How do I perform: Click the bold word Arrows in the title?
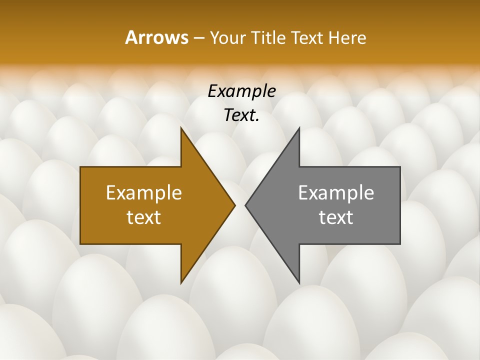pyautogui.click(x=156, y=37)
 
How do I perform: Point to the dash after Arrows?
pyautogui.click(x=198, y=38)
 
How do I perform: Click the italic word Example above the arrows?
pyautogui.click(x=241, y=91)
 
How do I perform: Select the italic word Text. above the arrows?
pyautogui.click(x=241, y=115)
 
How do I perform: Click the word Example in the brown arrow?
pyautogui.click(x=144, y=192)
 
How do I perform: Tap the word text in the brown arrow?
pyautogui.click(x=144, y=217)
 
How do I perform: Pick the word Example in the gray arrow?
pyautogui.click(x=336, y=192)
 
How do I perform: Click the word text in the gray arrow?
pyautogui.click(x=336, y=217)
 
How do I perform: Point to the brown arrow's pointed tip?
pyautogui.click(x=234, y=205)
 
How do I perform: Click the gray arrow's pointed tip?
pyautogui.click(x=245, y=205)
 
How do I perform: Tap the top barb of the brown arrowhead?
pyautogui.click(x=181, y=129)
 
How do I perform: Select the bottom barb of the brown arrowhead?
pyautogui.click(x=181, y=282)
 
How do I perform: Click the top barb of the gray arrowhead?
pyautogui.click(x=298, y=129)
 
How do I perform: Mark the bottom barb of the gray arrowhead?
pyautogui.click(x=298, y=282)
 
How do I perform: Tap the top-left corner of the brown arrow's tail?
pyautogui.click(x=81, y=167)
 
